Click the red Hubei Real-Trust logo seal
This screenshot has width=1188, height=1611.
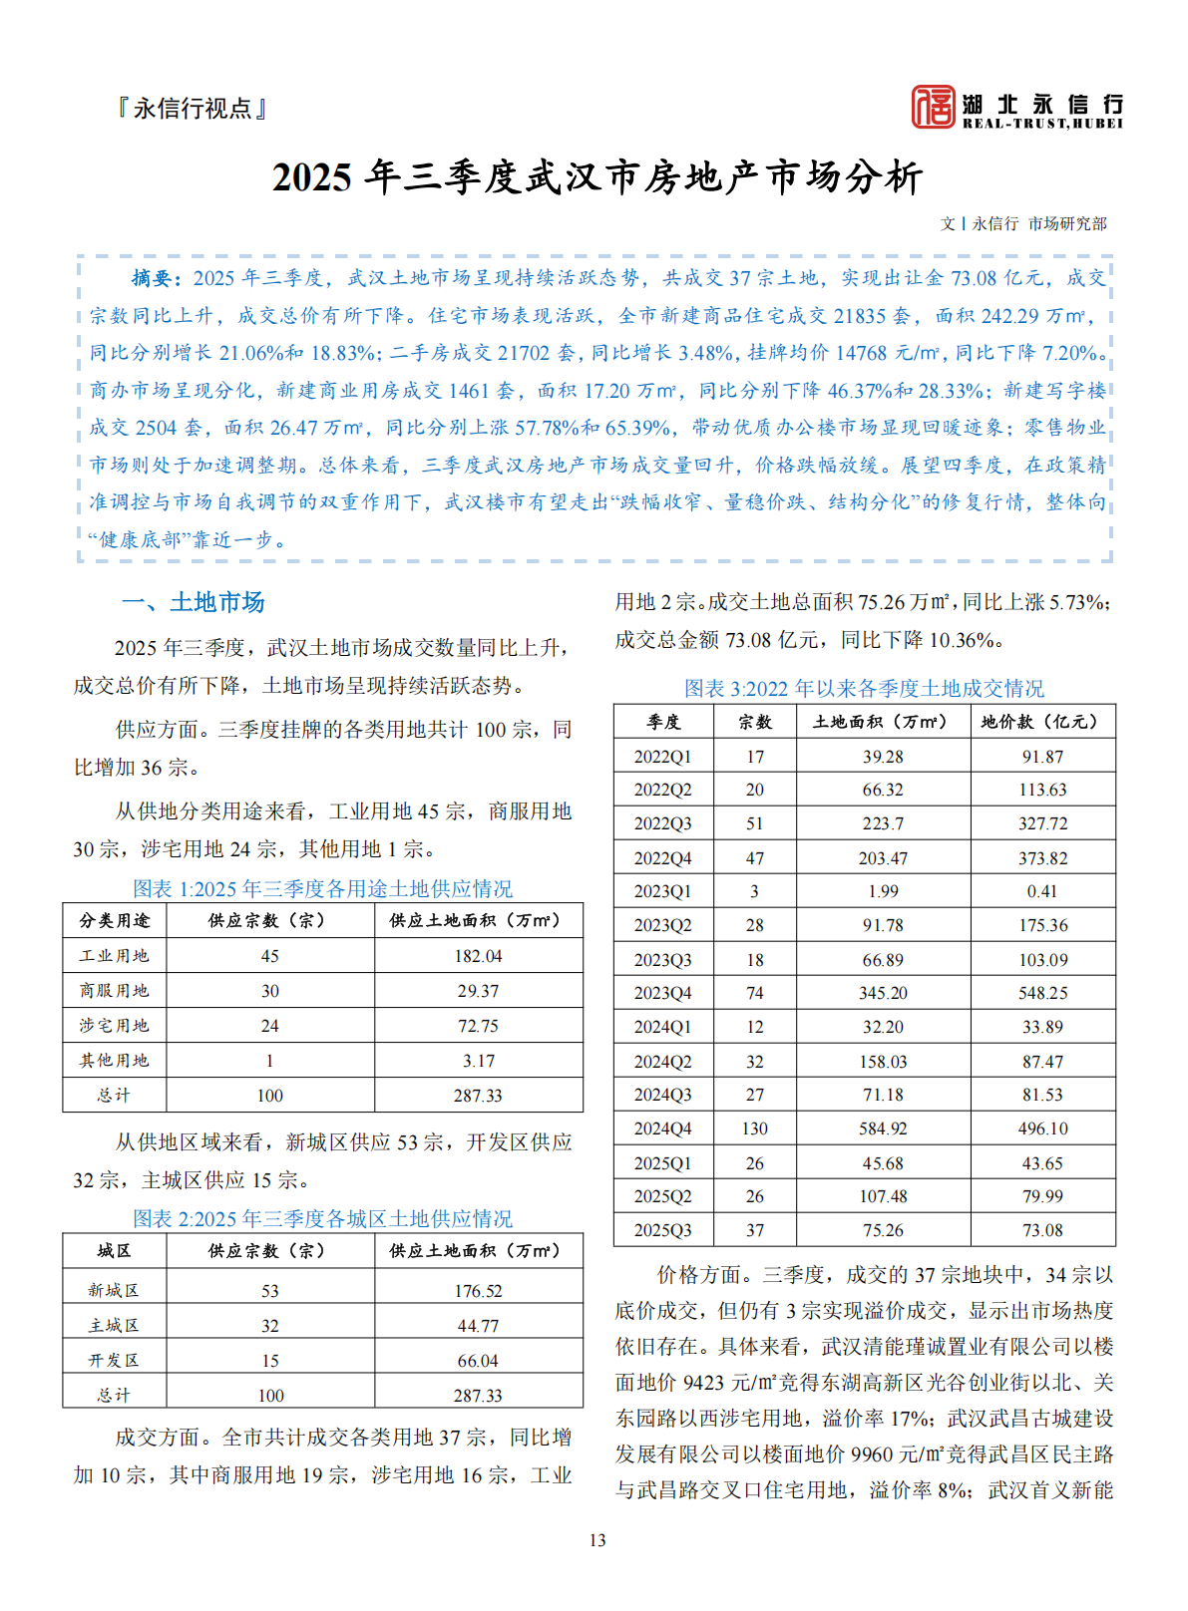pyautogui.click(x=933, y=107)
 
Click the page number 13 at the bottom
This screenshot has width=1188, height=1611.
pyautogui.click(x=596, y=1540)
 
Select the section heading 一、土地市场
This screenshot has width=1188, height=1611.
pyautogui.click(x=193, y=602)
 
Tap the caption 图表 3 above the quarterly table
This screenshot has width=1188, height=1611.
pyautogui.click(x=864, y=688)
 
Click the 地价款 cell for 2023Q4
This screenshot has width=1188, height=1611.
pyautogui.click(x=1042, y=993)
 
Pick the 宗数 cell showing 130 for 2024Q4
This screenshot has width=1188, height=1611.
pyautogui.click(x=754, y=1128)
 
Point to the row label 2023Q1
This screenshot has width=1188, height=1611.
pyautogui.click(x=662, y=891)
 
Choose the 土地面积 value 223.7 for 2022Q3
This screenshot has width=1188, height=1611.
pyautogui.click(x=883, y=823)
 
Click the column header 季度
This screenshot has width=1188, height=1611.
pyautogui.click(x=663, y=722)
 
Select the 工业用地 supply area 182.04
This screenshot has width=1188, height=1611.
pyautogui.click(x=478, y=956)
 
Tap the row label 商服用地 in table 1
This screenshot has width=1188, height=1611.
pyautogui.click(x=114, y=991)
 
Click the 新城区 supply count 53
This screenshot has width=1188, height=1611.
pyautogui.click(x=269, y=1291)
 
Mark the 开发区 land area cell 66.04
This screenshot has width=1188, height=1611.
pyautogui.click(x=478, y=1361)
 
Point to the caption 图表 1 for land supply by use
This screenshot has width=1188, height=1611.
pyautogui.click(x=322, y=888)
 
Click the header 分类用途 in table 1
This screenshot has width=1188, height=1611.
pyautogui.click(x=114, y=920)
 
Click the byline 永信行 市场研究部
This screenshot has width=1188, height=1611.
pyautogui.click(x=1038, y=223)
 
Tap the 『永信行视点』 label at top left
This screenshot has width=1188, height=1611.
pyautogui.click(x=194, y=108)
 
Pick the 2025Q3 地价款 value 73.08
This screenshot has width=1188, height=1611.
pyautogui.click(x=1042, y=1230)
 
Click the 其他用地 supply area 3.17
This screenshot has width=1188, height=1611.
pyautogui.click(x=478, y=1061)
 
